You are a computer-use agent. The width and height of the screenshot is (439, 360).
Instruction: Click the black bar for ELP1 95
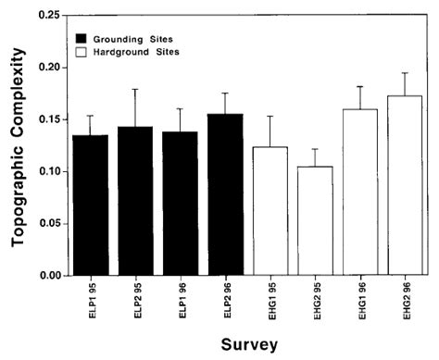(x=91, y=205)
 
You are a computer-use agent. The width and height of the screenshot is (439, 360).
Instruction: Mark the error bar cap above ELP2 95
(x=135, y=89)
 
